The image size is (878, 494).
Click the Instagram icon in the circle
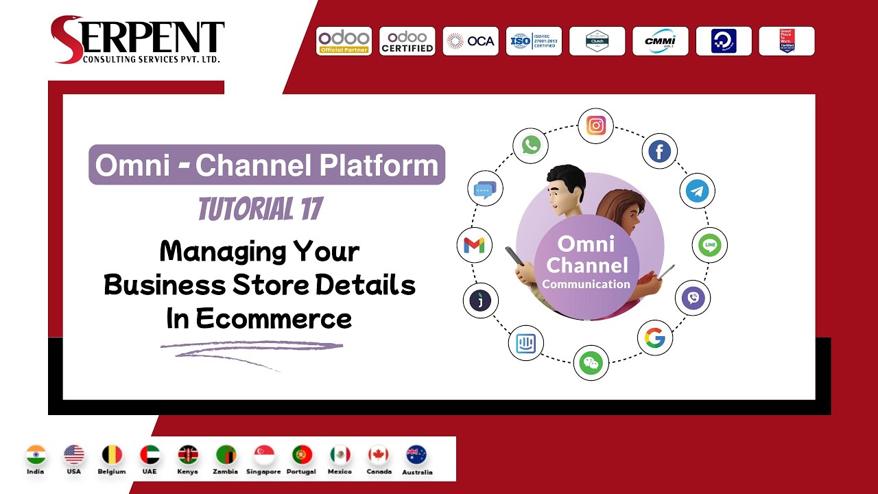tap(595, 126)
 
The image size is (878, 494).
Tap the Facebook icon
tap(659, 152)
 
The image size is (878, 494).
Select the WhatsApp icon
tap(531, 145)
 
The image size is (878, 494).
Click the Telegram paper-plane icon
tap(697, 191)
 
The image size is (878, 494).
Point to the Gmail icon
tap(474, 245)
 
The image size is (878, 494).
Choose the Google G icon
tap(654, 338)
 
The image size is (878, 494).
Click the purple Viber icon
tap(693, 298)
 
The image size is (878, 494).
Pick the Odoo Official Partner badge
tap(344, 41)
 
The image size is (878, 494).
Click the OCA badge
tap(471, 41)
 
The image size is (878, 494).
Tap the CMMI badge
tap(660, 41)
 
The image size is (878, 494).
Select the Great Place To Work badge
tap(787, 41)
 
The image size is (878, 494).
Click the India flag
tap(35, 455)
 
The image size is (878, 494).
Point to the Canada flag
tap(379, 455)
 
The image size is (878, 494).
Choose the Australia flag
tap(416, 455)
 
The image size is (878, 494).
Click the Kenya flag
tap(188, 455)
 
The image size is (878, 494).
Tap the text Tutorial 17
tap(260, 209)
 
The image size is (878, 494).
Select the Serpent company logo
tap(137, 40)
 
